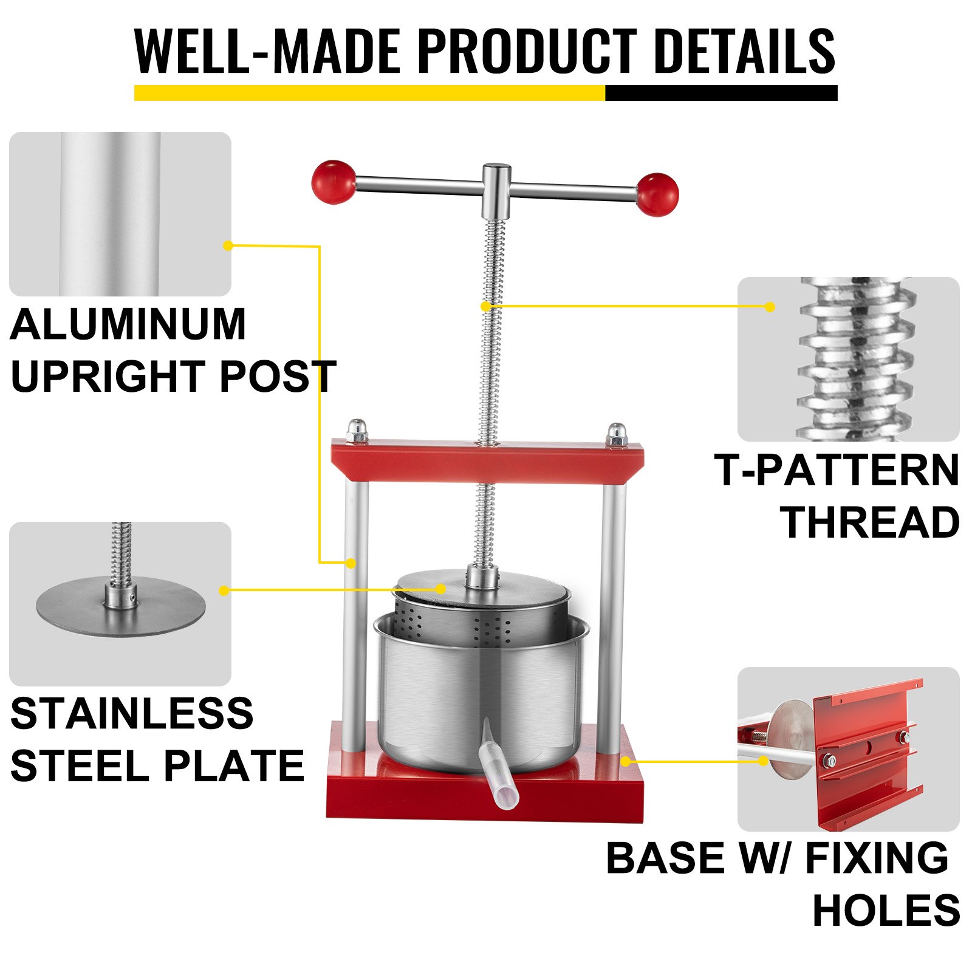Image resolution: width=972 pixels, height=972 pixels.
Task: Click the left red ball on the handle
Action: point(334,182)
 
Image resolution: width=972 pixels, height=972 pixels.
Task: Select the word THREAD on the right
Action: point(870,522)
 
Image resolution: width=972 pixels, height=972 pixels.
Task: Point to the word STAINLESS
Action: point(132,713)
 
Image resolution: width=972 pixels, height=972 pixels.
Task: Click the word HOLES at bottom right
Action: point(886,910)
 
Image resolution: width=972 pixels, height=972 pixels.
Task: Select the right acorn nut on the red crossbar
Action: point(617,434)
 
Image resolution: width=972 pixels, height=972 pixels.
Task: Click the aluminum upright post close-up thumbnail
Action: point(120,214)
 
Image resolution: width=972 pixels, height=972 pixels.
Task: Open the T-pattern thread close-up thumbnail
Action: point(848,359)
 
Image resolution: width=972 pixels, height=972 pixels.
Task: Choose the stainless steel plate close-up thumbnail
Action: point(120,604)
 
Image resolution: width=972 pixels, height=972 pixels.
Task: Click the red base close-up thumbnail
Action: point(848,748)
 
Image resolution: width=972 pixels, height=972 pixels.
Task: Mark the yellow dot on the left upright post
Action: point(351,563)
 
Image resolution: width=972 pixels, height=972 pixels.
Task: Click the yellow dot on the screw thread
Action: point(485,306)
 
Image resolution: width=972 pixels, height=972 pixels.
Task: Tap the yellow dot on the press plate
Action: point(441,589)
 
